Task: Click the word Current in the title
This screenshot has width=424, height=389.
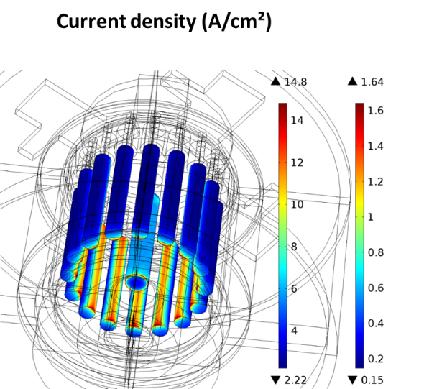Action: point(91,22)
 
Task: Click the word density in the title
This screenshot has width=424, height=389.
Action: point(163,22)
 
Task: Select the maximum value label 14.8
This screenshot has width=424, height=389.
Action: point(295,82)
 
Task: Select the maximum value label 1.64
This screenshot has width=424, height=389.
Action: point(372,82)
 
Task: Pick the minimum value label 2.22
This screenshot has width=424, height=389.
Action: point(295,380)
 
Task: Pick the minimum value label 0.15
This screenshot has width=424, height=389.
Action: point(372,380)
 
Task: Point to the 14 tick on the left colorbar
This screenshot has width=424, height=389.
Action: point(297,120)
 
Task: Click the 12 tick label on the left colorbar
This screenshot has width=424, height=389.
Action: point(297,163)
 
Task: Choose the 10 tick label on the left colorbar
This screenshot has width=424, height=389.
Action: point(297,204)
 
